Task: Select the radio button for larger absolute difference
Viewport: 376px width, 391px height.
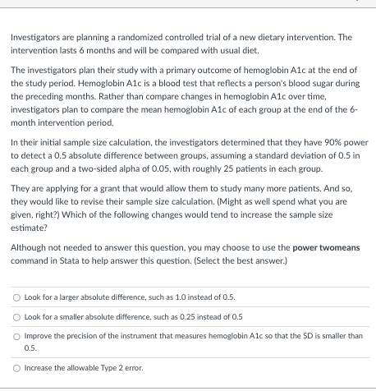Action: (x=16, y=297)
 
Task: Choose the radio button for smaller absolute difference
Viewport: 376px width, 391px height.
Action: (x=16, y=316)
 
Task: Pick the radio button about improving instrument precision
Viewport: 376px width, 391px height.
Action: (x=16, y=336)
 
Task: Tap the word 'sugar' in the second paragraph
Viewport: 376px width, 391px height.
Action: (x=314, y=83)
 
